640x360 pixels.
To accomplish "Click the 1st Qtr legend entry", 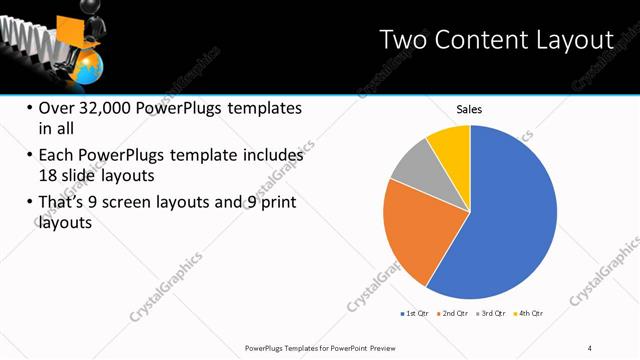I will coord(413,314).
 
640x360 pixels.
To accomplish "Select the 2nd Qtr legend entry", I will coord(455,314).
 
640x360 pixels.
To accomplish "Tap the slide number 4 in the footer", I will coord(590,346).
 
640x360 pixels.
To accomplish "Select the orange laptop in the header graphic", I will coord(69,28).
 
